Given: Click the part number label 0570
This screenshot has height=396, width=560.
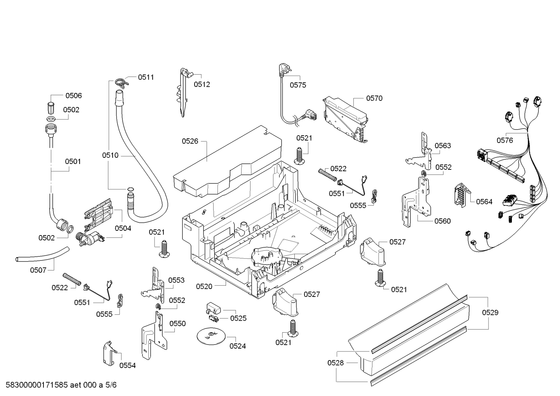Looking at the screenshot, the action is (374, 98).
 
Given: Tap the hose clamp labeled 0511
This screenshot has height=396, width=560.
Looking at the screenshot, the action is (121, 82).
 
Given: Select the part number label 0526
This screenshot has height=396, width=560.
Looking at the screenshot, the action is (190, 141).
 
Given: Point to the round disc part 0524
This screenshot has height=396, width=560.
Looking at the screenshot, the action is (211, 336).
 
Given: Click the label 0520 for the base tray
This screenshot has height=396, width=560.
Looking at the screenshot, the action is (204, 287).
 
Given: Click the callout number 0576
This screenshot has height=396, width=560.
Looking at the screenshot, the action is (505, 140).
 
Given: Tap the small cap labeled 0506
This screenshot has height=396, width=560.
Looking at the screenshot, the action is (51, 108).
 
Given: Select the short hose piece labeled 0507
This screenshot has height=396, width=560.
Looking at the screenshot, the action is (42, 254).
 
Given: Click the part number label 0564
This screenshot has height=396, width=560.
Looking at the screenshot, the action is (484, 202).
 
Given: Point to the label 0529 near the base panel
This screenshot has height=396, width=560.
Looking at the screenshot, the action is (490, 312).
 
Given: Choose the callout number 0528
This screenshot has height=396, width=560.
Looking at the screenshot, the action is (336, 363).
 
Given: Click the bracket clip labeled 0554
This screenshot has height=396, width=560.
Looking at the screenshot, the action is (110, 353).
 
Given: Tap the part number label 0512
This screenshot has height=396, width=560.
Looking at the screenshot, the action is (202, 85).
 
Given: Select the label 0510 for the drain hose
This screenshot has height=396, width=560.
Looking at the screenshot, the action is (110, 155).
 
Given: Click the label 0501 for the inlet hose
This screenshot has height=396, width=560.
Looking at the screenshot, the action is (73, 162).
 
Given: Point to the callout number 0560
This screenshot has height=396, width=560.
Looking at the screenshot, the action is (442, 221).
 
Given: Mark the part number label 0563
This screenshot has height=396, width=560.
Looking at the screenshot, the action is (443, 146).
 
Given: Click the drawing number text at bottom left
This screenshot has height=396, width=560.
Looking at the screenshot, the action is (61, 385).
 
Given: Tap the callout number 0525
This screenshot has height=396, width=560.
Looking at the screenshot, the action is (238, 318).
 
